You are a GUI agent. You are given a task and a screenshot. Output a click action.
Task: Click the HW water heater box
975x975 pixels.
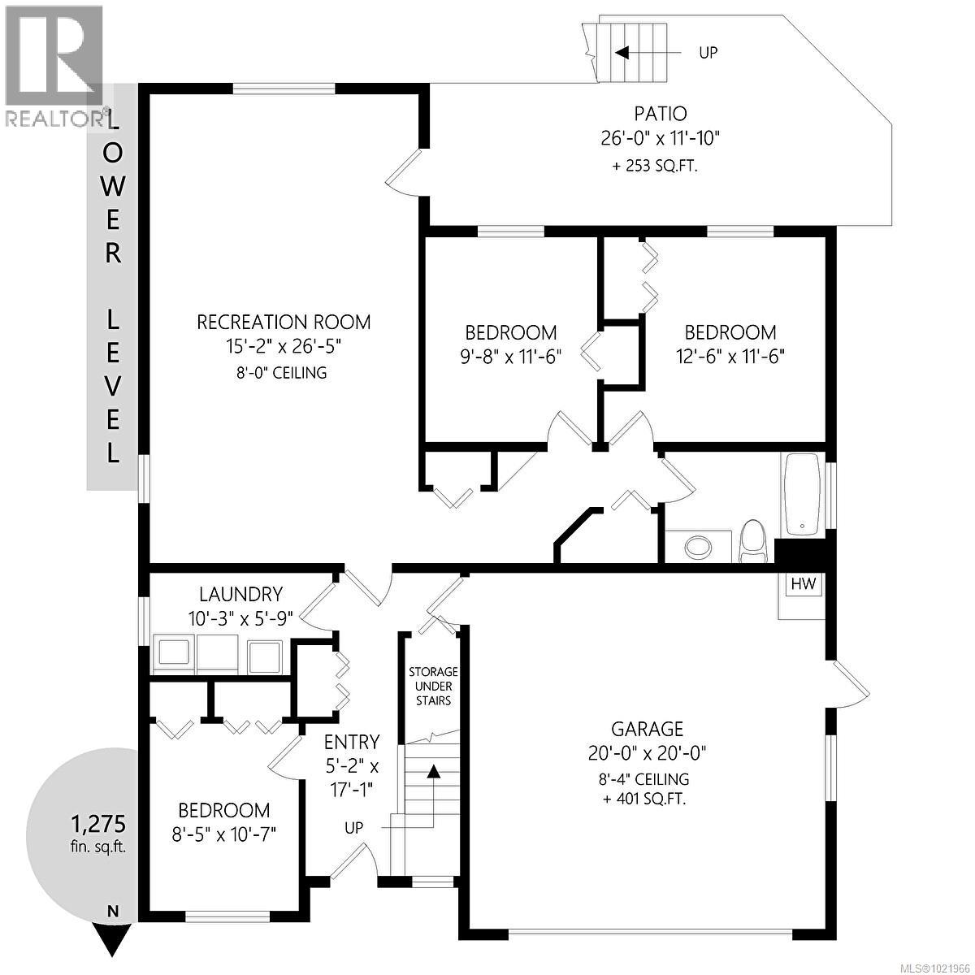(x=803, y=584)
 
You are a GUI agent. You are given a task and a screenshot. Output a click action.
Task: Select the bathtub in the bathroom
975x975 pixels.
(x=801, y=494)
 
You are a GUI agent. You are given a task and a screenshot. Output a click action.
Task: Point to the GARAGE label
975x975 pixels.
(x=648, y=730)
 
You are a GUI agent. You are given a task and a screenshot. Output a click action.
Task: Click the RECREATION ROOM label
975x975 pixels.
(x=284, y=322)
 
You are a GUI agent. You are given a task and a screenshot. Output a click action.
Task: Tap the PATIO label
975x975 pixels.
(x=660, y=114)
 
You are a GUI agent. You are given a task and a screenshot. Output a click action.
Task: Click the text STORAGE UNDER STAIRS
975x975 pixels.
(x=433, y=686)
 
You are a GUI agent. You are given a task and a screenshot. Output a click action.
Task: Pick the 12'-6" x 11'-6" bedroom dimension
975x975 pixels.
(x=730, y=356)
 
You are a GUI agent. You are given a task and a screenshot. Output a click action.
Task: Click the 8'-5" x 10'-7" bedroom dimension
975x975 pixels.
(x=223, y=834)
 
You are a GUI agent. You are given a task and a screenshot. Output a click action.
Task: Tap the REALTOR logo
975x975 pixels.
(x=54, y=65)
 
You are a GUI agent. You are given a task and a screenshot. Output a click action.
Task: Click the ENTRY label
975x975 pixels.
(x=352, y=742)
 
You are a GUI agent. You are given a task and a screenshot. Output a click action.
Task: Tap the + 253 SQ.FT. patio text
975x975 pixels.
(x=654, y=167)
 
